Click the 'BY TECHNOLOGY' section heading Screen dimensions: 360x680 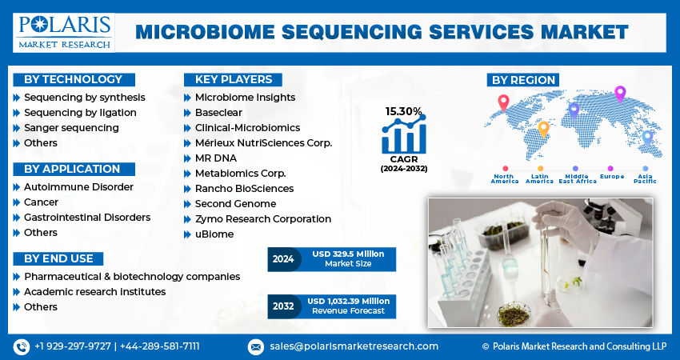[73, 79]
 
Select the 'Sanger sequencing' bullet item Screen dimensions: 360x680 [71, 128]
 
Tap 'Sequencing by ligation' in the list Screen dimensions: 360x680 [80, 113]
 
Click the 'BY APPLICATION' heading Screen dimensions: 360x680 [72, 169]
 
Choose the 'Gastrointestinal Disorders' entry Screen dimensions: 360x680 [86, 218]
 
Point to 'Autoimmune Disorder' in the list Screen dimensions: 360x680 [78, 187]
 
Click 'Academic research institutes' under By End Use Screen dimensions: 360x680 [94, 292]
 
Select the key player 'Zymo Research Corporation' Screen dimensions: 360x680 [262, 219]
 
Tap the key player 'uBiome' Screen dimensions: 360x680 [214, 234]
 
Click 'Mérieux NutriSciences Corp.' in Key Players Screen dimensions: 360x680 [263, 143]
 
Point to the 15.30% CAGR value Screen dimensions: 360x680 [403, 111]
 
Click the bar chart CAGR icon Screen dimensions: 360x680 [403, 136]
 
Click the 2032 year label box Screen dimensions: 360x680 [282, 306]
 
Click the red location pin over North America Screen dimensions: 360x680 [503, 102]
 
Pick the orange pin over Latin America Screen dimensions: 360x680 [543, 128]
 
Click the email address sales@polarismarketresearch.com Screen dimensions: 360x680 [353, 346]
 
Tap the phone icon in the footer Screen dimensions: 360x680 [21, 346]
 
